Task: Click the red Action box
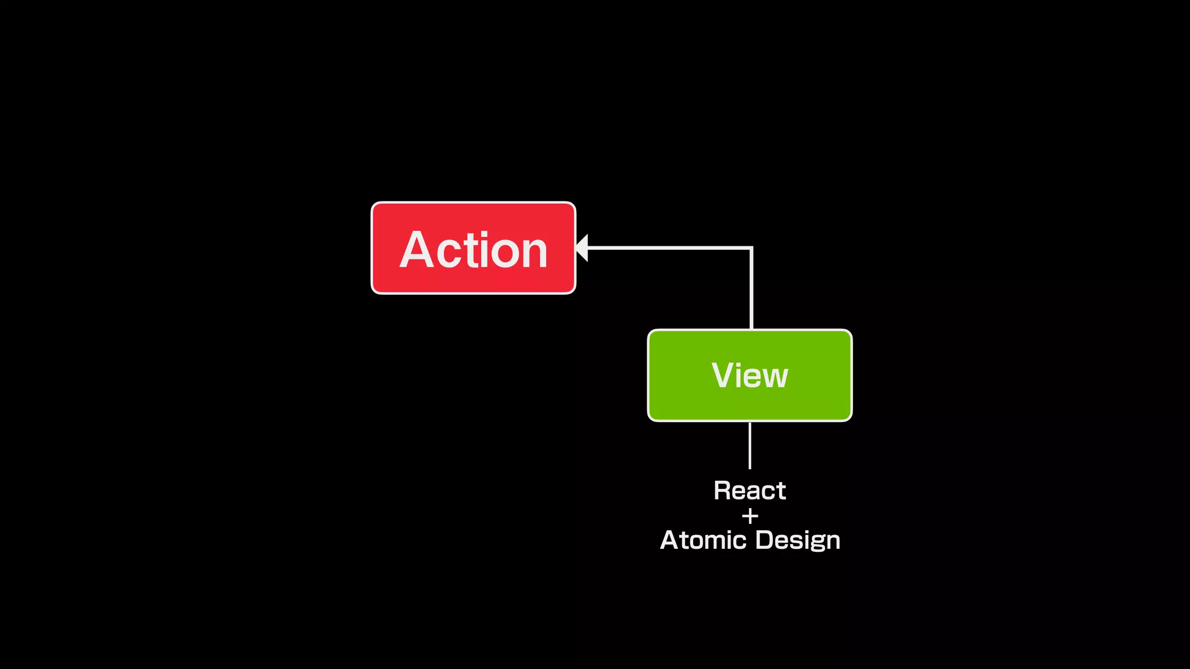(x=473, y=248)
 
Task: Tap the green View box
(x=750, y=375)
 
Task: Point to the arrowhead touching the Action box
(x=582, y=248)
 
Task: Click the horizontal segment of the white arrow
(x=668, y=248)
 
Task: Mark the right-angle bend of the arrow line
(x=752, y=248)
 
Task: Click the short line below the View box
(x=750, y=445)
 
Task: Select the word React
(x=750, y=491)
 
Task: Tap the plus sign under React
(x=750, y=516)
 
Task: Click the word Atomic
(x=703, y=540)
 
